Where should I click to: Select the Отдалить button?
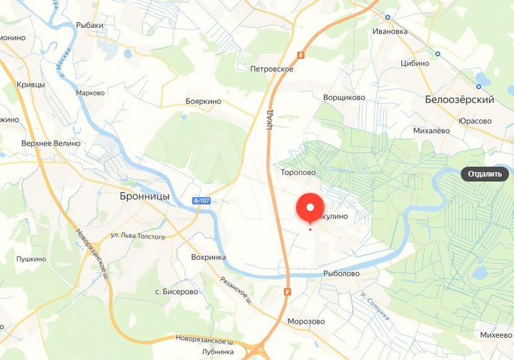click(x=487, y=174)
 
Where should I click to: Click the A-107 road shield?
click(x=203, y=202)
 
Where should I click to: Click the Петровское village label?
click(x=272, y=69)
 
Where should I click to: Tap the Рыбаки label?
click(x=91, y=25)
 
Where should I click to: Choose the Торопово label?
click(x=298, y=172)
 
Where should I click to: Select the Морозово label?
click(x=306, y=321)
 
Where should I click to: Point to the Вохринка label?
click(x=208, y=257)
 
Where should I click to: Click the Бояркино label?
click(x=203, y=101)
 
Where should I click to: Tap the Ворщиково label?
click(x=344, y=97)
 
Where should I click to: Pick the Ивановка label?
click(x=390, y=31)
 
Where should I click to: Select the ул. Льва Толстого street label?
click(x=138, y=236)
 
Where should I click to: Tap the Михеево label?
click(x=496, y=335)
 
